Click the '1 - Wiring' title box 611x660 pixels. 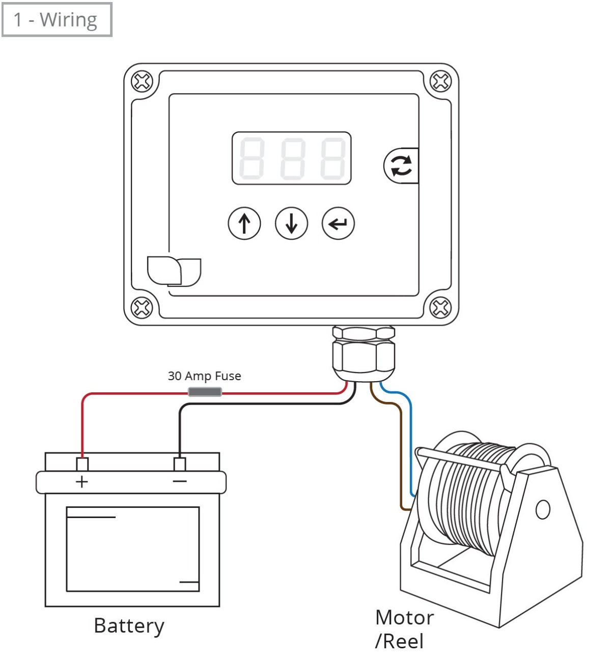57,20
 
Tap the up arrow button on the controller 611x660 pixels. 244,223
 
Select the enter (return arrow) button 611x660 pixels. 338,223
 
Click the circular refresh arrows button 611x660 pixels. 401,166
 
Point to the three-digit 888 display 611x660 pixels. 291,158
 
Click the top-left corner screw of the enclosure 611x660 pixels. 142,81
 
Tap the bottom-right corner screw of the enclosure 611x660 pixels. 440,307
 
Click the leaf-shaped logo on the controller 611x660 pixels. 173,271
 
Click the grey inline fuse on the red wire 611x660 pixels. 205,392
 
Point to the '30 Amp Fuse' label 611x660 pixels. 204,376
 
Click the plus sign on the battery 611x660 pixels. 81,482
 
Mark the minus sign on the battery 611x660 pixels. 180,481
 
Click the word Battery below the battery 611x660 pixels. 129,626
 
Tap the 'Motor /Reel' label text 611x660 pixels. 404,629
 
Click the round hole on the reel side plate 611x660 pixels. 543,509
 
